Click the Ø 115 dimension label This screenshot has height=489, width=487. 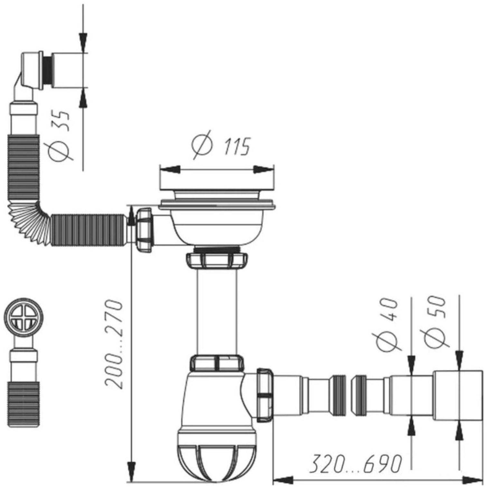(220, 145)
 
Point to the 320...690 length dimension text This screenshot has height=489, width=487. (356, 464)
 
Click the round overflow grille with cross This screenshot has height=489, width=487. (23, 317)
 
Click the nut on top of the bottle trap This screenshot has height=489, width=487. (217, 362)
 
